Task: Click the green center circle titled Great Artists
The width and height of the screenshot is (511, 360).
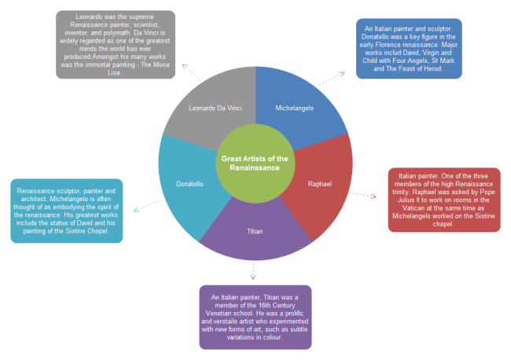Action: [254, 163]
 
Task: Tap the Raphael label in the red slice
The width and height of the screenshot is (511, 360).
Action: [318, 183]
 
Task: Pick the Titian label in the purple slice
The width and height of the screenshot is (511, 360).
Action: [255, 231]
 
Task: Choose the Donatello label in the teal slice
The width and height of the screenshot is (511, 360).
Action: [189, 183]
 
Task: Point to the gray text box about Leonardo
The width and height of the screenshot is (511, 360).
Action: [127, 44]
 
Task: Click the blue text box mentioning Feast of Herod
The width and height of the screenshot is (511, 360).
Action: [407, 48]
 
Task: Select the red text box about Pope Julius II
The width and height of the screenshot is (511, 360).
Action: [444, 200]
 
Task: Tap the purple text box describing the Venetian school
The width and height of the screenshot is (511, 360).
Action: [256, 317]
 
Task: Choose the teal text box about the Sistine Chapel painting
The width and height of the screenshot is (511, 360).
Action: [67, 211]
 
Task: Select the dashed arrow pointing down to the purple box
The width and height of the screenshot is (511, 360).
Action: [253, 270]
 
